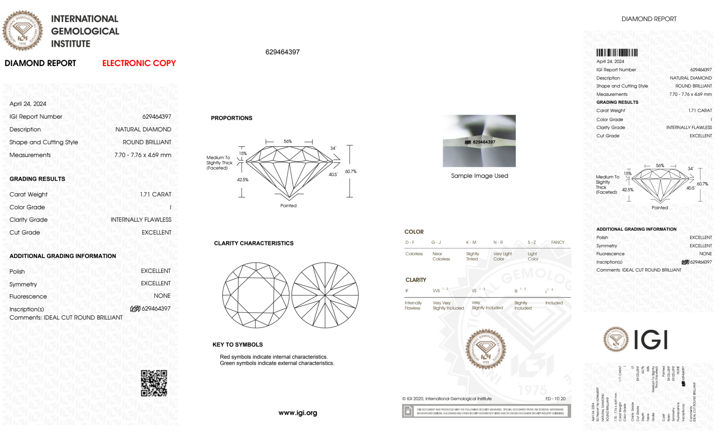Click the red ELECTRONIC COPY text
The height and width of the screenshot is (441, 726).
(139, 63)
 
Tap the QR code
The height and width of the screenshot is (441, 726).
(154, 383)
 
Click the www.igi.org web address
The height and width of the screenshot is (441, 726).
(298, 413)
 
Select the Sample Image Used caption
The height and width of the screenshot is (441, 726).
(479, 176)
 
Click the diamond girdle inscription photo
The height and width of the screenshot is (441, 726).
(479, 141)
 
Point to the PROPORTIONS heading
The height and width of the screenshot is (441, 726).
(231, 118)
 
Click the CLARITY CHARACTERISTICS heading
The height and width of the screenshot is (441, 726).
(254, 243)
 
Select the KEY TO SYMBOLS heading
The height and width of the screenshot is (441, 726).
(238, 344)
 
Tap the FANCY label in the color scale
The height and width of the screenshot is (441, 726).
(558, 242)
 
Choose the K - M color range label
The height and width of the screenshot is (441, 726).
(471, 242)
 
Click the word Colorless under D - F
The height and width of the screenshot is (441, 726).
(414, 254)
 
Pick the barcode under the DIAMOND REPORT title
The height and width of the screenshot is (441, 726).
(617, 53)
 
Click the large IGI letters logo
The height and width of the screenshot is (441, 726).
(651, 340)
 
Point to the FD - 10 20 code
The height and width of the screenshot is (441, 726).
(555, 399)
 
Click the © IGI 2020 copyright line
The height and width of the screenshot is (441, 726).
(447, 399)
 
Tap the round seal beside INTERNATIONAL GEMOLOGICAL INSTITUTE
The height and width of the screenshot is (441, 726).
(22, 31)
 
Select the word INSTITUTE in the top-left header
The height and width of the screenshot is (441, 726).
(71, 44)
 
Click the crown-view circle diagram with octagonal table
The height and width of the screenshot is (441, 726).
(256, 295)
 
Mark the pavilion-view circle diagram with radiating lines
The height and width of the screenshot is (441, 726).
(325, 295)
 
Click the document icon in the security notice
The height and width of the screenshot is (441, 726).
(408, 411)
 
